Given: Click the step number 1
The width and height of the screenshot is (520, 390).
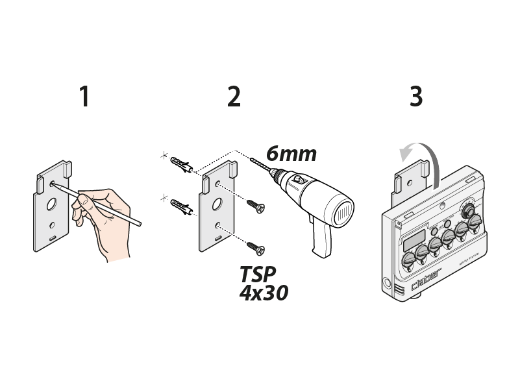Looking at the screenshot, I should point(84,97).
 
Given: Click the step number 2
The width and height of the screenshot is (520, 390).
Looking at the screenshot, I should point(234,97).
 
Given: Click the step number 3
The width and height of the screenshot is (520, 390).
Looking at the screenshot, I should point(416,97).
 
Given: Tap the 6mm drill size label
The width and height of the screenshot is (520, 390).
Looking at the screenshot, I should point(291,154).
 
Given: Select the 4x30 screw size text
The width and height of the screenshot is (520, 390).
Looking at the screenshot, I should point(263,293).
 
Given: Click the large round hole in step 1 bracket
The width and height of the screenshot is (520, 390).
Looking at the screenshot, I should point(50,204).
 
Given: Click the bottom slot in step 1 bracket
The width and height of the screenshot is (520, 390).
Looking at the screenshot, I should point(51,241).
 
